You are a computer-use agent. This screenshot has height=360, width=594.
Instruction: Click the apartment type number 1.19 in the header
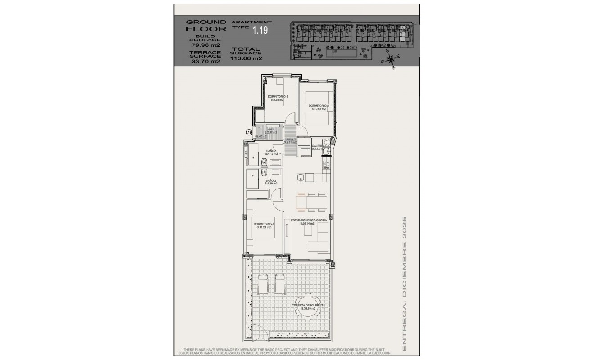point(260,31)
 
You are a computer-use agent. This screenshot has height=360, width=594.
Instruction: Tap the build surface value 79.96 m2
point(204,45)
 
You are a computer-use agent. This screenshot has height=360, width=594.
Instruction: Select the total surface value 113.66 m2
point(246,58)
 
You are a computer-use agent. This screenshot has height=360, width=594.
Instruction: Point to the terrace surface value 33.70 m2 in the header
point(204,62)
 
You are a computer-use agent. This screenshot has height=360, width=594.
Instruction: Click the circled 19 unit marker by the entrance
point(249,132)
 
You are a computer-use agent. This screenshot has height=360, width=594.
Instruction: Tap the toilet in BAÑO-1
point(265,162)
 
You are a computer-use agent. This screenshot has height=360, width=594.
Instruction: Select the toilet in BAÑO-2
point(265,172)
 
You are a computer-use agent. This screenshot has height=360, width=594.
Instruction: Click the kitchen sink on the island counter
point(301,179)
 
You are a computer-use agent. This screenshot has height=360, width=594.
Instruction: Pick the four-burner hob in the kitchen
point(326,165)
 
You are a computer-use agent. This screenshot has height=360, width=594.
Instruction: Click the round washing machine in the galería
point(326,143)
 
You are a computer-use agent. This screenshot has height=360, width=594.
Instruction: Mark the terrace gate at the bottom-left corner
point(261,333)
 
